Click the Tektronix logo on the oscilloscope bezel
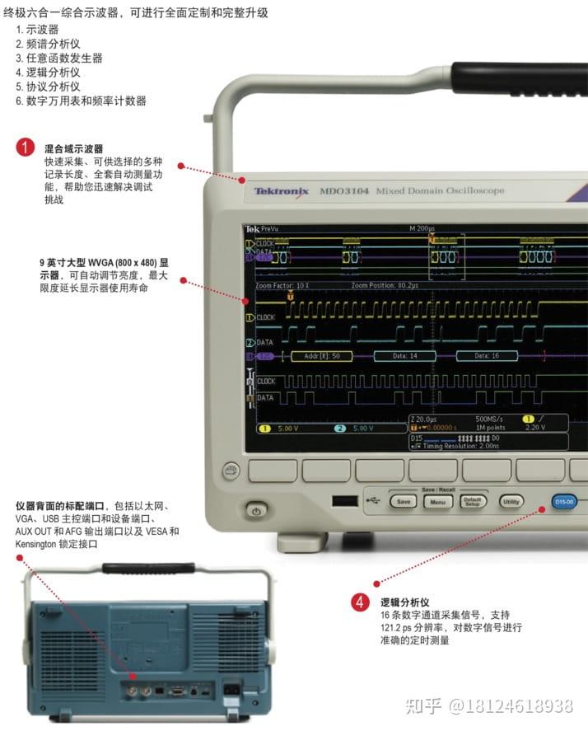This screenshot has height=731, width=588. [281, 191]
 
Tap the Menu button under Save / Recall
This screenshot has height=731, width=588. [438, 502]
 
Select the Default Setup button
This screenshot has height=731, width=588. [473, 502]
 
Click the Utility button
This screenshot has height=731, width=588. [511, 501]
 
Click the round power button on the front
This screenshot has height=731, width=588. [256, 511]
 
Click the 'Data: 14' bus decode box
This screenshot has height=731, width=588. [404, 356]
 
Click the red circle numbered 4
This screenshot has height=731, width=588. [360, 602]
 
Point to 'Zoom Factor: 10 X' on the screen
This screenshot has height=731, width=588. [282, 285]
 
